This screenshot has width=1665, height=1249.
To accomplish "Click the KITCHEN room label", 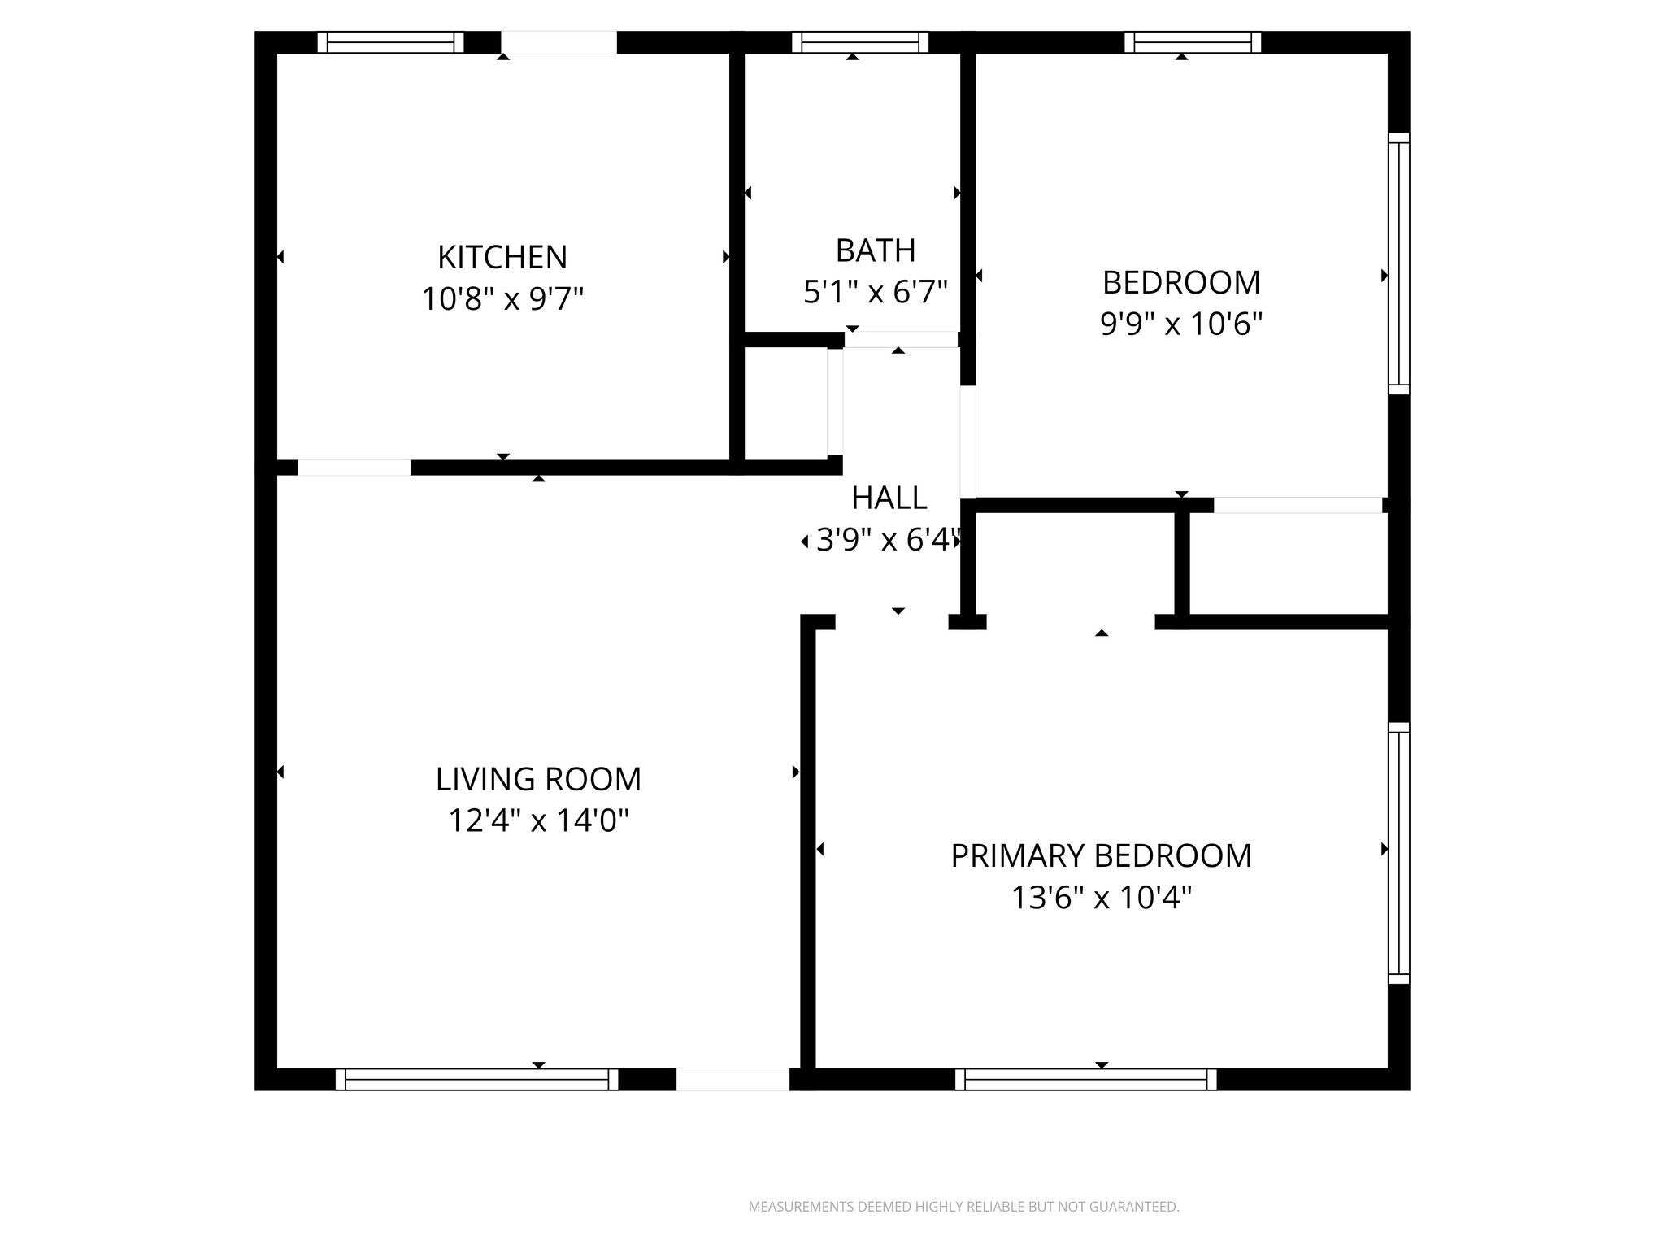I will click(502, 257).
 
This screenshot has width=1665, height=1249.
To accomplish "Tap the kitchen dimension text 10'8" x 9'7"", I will click(502, 299).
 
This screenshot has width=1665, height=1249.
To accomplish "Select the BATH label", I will click(876, 250).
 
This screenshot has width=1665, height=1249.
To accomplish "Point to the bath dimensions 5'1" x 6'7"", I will click(876, 292).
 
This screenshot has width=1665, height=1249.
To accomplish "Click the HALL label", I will click(889, 498).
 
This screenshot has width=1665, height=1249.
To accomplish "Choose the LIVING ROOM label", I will click(538, 779).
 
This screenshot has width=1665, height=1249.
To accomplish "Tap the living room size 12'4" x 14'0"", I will click(538, 820).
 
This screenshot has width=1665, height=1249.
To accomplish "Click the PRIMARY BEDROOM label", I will click(1101, 856).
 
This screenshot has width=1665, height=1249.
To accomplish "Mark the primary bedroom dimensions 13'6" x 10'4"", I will click(1101, 899).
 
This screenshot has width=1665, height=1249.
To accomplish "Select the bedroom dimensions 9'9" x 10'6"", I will click(1180, 324).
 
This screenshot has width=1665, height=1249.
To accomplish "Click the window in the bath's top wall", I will click(860, 42).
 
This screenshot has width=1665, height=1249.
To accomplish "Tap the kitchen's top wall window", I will click(390, 42).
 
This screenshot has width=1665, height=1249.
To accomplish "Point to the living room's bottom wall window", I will click(476, 1079).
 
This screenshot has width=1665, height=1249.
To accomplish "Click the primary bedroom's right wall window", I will click(1398, 853).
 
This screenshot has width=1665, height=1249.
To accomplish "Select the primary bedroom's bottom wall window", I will click(1085, 1079).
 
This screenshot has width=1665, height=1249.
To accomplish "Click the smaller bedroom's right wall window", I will click(1398, 263).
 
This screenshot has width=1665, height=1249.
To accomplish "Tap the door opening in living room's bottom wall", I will click(733, 1079).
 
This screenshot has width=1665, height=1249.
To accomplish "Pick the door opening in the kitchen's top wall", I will click(559, 42).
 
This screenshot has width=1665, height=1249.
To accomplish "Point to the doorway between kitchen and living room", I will click(354, 468).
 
